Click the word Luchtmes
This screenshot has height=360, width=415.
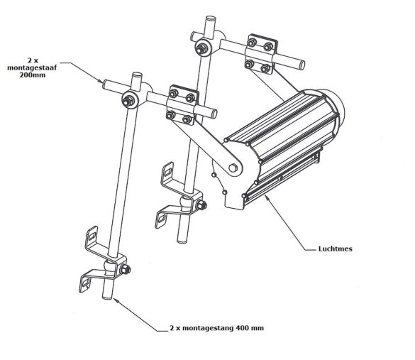pos(335,249)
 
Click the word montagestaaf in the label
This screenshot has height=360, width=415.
pos(32,67)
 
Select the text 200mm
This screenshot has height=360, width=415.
pos(33,75)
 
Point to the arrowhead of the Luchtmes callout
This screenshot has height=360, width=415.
pos(266,196)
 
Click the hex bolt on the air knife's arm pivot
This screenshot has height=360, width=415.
pos(233,168)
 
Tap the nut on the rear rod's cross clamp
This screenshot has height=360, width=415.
pos(202,48)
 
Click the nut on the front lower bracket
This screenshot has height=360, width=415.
pos(125,270)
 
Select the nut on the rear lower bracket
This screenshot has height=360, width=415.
pos(202,205)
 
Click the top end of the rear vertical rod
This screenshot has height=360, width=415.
pos(211,18)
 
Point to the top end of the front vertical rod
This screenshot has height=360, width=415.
pos(137,74)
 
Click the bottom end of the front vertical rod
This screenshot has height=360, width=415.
pos(107,298)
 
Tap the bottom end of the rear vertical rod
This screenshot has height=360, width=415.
pos(182,241)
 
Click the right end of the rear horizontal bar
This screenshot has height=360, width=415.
pos(302,65)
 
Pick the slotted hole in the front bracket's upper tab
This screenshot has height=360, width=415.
pos(92,236)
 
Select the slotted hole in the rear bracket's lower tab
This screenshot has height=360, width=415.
pos(162,219)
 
